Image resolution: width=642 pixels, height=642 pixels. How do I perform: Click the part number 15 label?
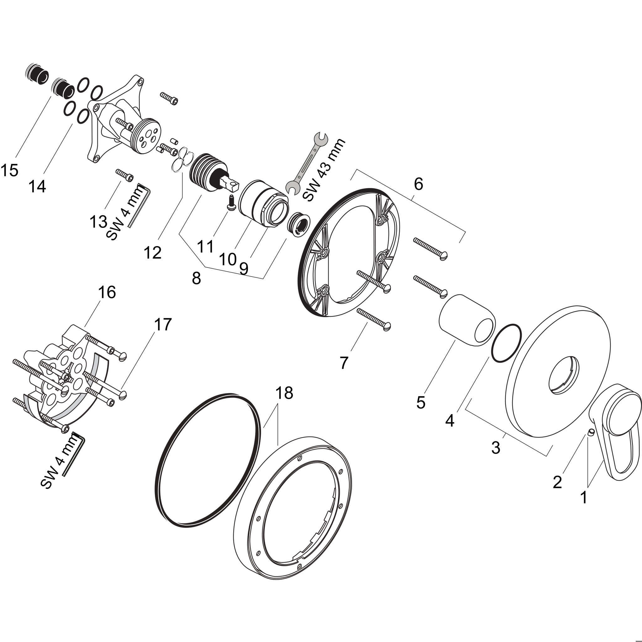pos(9,171)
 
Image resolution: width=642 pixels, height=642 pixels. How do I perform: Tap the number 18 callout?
pos(284,393)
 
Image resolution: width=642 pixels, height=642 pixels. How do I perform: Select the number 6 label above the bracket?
pos(418,184)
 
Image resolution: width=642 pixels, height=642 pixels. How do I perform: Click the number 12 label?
pos(153,253)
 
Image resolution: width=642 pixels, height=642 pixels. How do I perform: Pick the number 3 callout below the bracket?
pos(496,448)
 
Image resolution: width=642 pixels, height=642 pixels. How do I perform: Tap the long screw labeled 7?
pos(374,317)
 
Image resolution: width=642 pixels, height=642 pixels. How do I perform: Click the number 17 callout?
pos(162,325)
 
